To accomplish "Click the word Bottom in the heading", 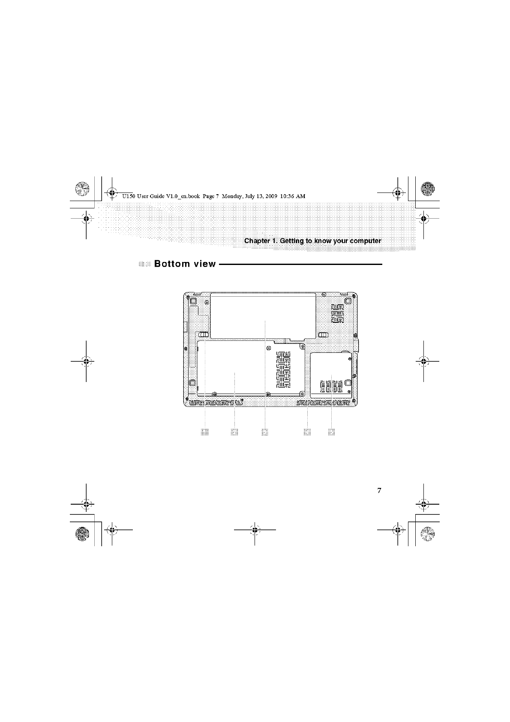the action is pos(172,264).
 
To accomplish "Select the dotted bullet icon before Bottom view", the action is pos(145,264).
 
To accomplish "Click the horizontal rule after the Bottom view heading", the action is pos(300,264).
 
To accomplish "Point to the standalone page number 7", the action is pos(379,490).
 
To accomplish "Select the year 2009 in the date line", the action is pos(272,196).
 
